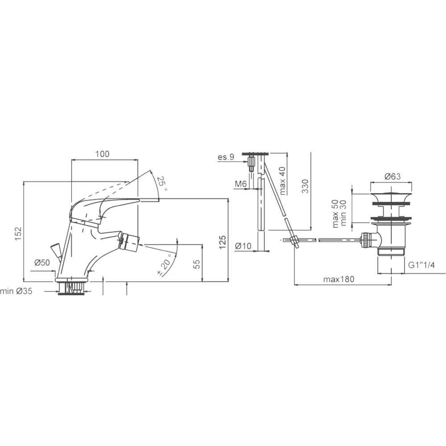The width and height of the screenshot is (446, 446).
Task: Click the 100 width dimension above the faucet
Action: tap(102, 154)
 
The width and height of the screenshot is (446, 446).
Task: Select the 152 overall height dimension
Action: tap(18, 233)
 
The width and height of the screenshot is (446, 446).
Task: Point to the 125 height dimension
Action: tap(223, 242)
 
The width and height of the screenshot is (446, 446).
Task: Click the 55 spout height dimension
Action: tap(197, 264)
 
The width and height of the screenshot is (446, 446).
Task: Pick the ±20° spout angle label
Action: tap(165, 265)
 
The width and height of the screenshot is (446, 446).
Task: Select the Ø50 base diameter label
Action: tap(42, 263)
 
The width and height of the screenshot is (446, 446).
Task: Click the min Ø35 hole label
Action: tap(16, 291)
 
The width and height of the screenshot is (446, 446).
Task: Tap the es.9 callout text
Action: tap(226, 157)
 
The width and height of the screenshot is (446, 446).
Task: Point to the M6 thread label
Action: tap(240, 184)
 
